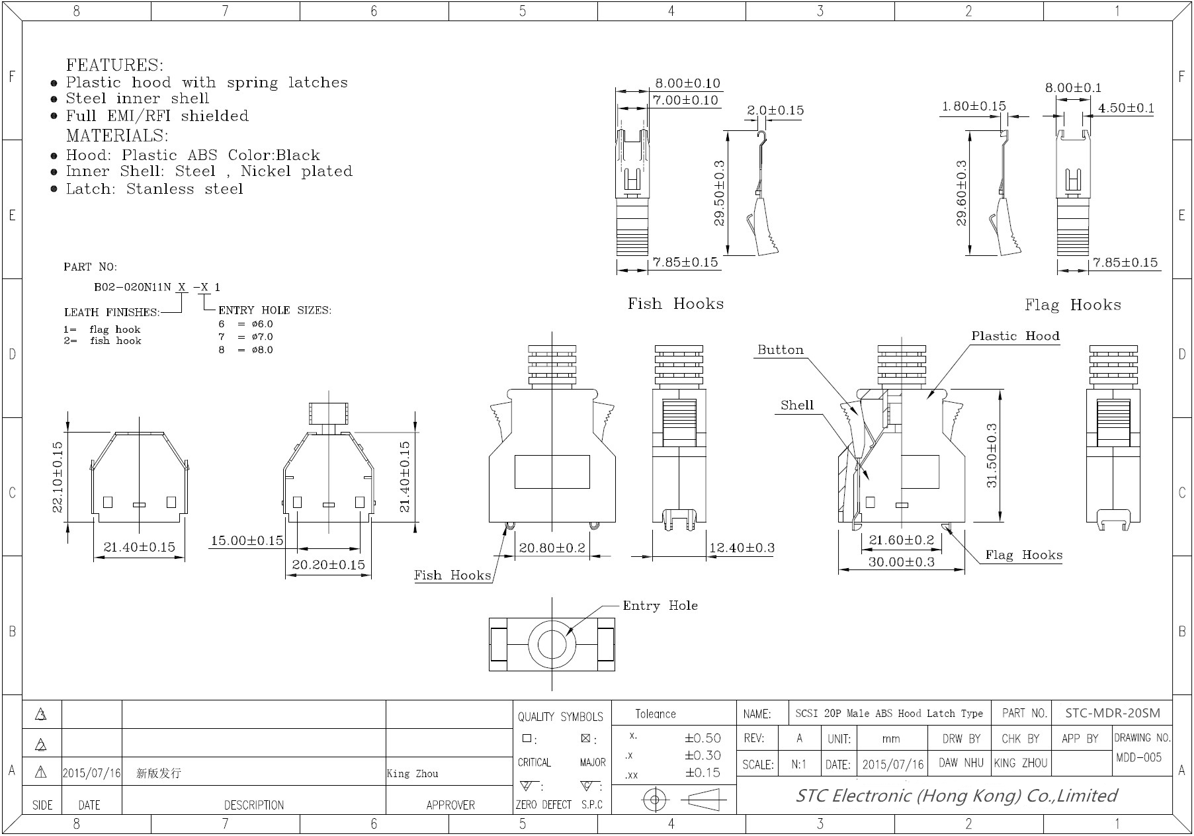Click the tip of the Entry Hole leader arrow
(x=566, y=636)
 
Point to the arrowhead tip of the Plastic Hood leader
(x=927, y=399)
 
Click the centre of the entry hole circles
(x=552, y=644)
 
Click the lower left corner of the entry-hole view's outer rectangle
(x=490, y=671)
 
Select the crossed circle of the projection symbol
(x=655, y=800)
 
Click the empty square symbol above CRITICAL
(x=527, y=738)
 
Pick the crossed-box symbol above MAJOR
(x=585, y=738)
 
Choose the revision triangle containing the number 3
(x=41, y=714)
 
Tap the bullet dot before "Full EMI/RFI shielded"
(x=54, y=116)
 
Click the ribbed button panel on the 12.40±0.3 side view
(x=679, y=422)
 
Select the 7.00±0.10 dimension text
(x=685, y=101)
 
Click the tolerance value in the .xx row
(x=703, y=773)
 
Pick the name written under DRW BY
(x=961, y=763)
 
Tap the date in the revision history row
(x=92, y=773)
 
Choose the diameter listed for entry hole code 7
(x=262, y=337)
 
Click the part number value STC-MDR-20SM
(x=1113, y=713)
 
